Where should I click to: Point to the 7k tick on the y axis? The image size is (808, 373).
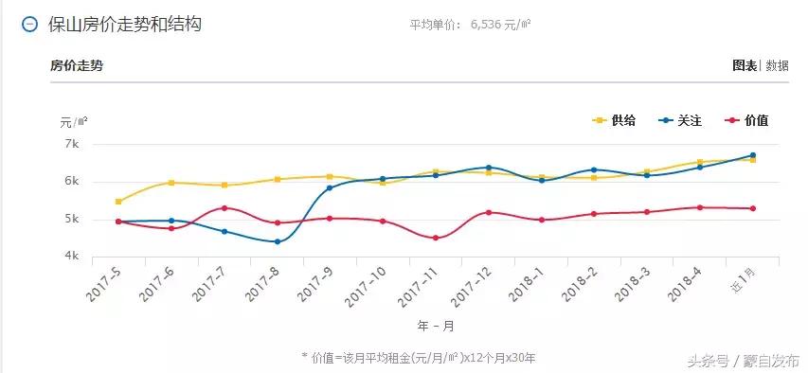point(71,144)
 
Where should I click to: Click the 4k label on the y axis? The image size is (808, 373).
point(71,257)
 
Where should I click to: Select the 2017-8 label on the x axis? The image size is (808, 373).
point(260,283)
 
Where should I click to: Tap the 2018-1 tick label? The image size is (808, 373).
point(525,283)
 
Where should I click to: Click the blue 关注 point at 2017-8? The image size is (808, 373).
point(278,241)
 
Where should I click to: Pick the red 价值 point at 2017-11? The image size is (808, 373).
point(436,238)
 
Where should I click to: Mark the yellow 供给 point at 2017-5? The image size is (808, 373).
point(118,202)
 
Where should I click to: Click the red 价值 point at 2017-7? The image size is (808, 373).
point(224,208)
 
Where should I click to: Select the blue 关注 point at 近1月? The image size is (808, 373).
point(753,155)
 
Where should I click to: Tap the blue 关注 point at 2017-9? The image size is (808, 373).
point(330,188)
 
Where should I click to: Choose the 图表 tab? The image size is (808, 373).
point(745,65)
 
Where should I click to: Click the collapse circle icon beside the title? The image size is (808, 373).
point(30,25)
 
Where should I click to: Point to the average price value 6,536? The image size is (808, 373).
point(490,25)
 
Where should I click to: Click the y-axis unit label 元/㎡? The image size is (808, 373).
point(74,121)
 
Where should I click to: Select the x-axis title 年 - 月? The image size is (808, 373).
point(436,325)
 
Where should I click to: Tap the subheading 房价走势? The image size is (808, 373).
point(77,65)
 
